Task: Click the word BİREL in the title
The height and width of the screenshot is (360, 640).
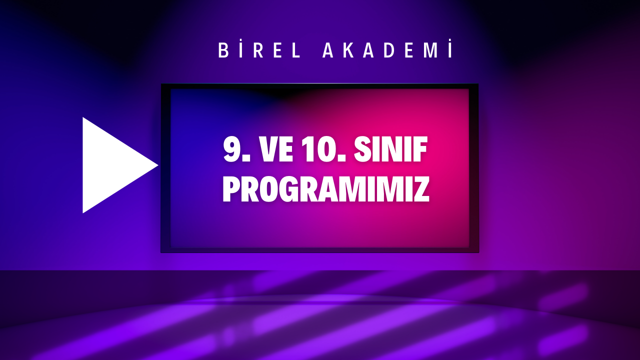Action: [260, 50]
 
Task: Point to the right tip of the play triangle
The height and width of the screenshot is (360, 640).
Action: [157, 165]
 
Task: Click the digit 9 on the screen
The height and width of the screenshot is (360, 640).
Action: [231, 150]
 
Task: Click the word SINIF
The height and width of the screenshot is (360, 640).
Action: [391, 150]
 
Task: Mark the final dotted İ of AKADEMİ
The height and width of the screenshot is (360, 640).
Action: [451, 50]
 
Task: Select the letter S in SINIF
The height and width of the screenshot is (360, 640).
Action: [363, 150]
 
